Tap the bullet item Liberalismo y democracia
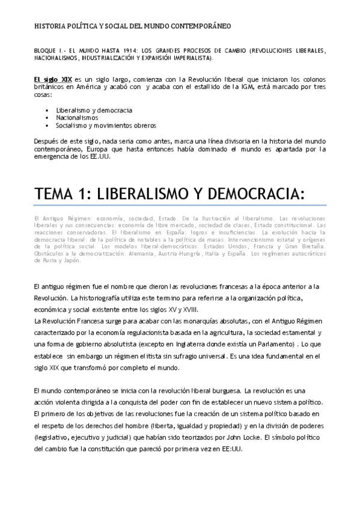point(94,111)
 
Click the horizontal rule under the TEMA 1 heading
point(180,206)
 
